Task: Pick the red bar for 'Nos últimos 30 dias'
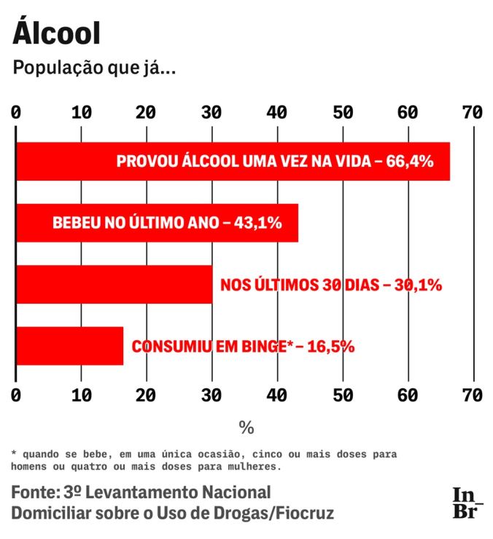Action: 113,284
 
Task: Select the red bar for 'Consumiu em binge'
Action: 69,346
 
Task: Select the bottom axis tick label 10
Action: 81,395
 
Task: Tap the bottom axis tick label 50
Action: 342,395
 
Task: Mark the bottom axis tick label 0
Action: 16,395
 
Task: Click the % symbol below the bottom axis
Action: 246,427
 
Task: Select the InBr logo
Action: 467,503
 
